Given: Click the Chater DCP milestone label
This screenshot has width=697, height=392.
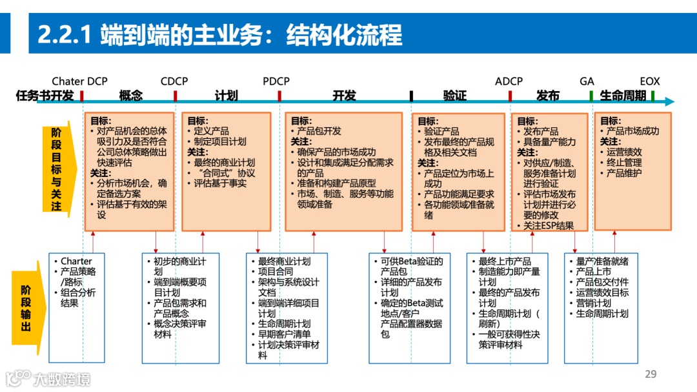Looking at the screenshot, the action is coord(79,81).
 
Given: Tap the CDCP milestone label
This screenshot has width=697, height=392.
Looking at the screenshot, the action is coord(174,81).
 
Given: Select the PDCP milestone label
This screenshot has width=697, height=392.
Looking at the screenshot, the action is coord(276,81).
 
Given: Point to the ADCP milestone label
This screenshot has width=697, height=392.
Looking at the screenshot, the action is coord(509,81).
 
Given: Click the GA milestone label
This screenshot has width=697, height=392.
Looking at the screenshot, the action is coord(587,81).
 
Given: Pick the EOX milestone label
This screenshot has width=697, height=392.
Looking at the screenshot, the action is coord(650,81).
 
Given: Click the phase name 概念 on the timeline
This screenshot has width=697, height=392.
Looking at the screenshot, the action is coord(131,96).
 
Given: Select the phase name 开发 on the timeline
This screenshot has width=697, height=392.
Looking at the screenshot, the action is coord(344,96).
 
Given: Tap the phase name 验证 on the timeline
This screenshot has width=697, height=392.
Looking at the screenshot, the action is coord(455,96).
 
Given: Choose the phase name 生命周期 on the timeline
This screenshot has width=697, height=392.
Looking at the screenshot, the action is coord(623,96).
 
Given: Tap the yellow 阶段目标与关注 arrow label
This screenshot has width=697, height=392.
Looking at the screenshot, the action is coord(57,169).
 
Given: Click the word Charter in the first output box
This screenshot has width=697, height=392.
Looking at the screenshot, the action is coord(76,262).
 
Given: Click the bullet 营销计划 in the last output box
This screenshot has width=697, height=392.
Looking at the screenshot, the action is coord(593,303).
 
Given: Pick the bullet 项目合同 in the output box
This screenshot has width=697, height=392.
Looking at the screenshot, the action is coord(276,272).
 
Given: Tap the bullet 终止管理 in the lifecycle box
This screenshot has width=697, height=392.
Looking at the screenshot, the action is coord(624,163).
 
